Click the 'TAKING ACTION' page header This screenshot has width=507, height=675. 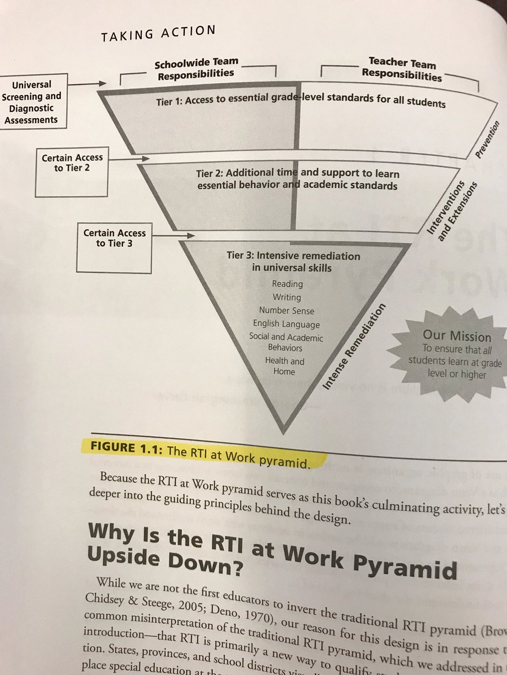click(158, 34)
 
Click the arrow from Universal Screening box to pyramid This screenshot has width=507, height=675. click(84, 84)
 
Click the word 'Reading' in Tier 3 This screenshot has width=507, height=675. click(287, 284)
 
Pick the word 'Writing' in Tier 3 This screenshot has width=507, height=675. click(287, 297)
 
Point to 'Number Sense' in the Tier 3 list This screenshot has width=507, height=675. click(287, 310)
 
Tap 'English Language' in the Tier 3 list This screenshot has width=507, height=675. click(286, 324)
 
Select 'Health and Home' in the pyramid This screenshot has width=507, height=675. click(285, 366)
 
